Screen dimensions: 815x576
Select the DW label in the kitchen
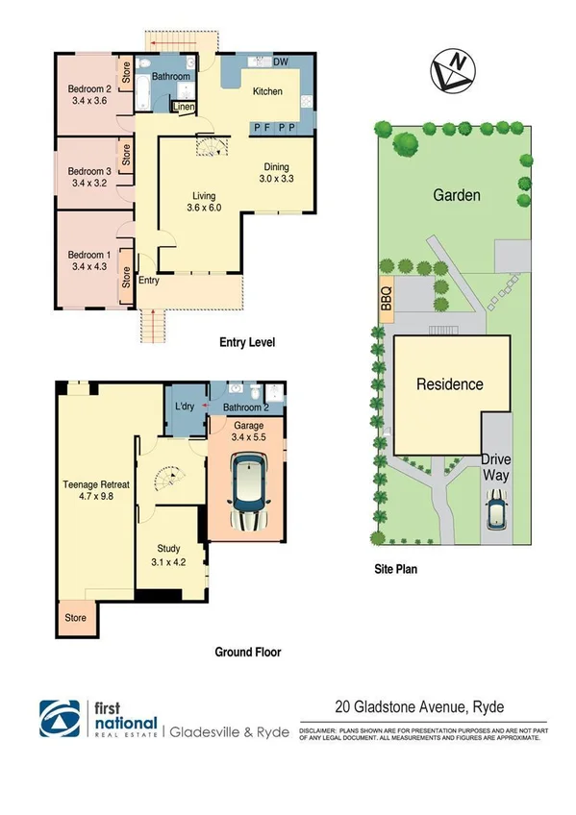click(x=281, y=62)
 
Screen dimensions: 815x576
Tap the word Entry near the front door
click(x=149, y=281)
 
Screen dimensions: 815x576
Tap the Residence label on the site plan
click(x=449, y=384)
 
